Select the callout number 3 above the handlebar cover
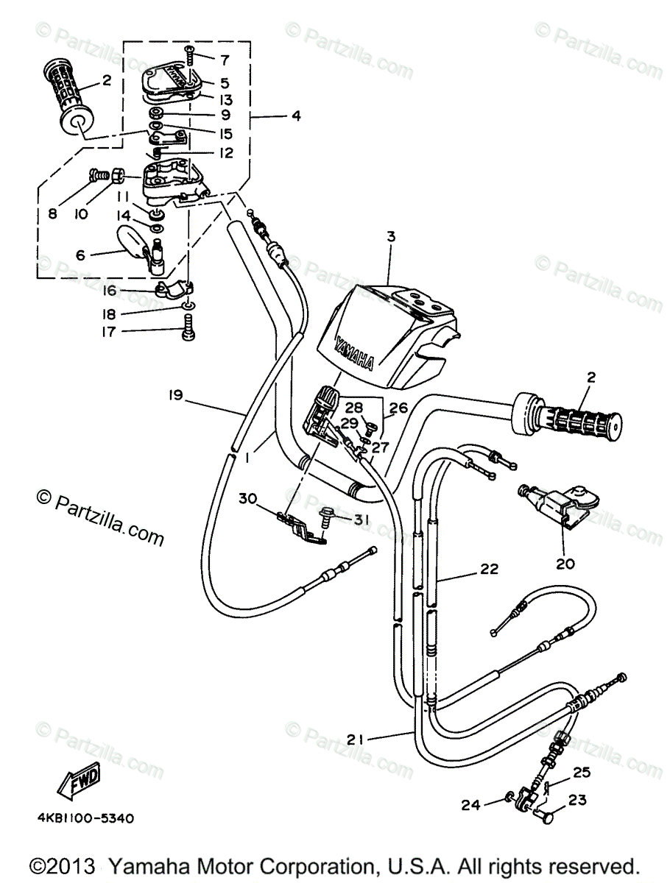[392, 237]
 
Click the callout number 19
[174, 397]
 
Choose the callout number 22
[490, 569]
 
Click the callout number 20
[566, 565]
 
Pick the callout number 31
[360, 519]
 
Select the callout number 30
[248, 498]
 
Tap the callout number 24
[472, 805]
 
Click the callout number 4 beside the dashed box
[296, 116]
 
